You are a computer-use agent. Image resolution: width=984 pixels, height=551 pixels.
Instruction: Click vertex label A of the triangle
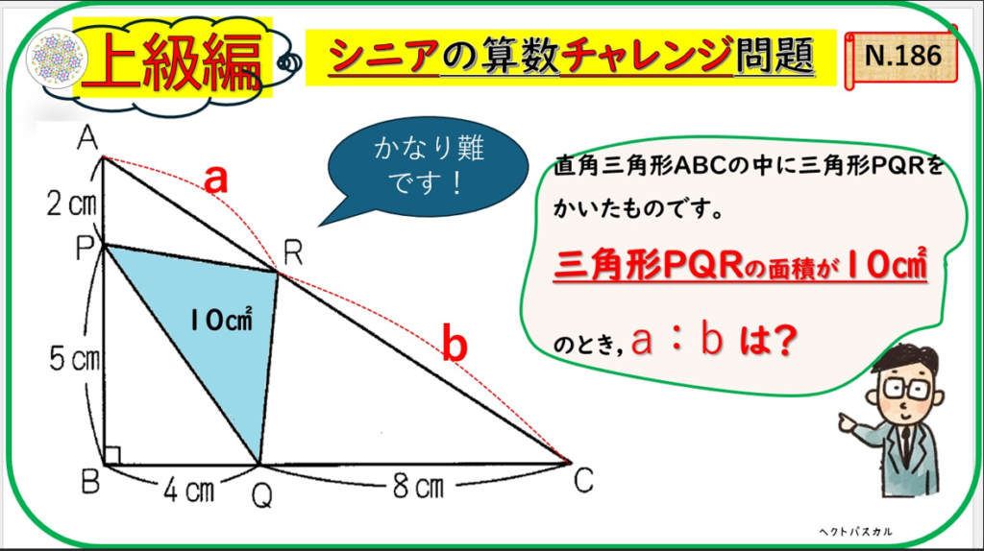87,138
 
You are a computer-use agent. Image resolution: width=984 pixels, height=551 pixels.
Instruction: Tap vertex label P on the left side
85,248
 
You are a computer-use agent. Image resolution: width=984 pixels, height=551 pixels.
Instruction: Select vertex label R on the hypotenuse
293,253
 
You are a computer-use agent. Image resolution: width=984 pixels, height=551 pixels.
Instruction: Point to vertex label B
90,482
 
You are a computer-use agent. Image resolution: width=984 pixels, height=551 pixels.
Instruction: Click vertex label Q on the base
261,496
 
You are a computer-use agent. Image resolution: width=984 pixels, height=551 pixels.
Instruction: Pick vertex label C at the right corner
583,482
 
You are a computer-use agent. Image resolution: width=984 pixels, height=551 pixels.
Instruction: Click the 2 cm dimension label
71,204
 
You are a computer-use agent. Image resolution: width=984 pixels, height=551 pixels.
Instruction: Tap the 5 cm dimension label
75,359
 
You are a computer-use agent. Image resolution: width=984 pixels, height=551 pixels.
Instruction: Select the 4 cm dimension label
189,491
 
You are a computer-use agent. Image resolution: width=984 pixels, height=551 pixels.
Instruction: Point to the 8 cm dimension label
418,486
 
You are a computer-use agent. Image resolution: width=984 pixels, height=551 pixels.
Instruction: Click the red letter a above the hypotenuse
216,180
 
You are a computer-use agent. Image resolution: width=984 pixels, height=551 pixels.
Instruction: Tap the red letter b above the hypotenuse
455,343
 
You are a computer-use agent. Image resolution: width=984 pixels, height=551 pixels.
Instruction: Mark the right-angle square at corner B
111,456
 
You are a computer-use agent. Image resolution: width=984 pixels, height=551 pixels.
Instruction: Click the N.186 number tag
901,57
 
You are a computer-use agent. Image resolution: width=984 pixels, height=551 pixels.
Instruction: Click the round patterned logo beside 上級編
57,59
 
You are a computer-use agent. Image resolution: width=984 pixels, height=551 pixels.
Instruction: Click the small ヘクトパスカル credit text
855,532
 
